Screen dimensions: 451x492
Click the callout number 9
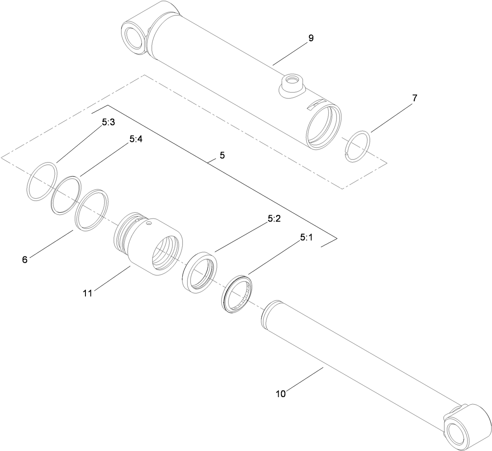(311, 38)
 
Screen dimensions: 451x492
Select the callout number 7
(414, 98)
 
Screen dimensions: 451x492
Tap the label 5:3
(108, 123)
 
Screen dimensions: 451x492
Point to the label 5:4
(136, 139)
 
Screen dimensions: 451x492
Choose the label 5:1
(306, 238)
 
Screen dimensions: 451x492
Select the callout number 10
(281, 394)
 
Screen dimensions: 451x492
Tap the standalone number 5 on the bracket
(222, 155)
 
